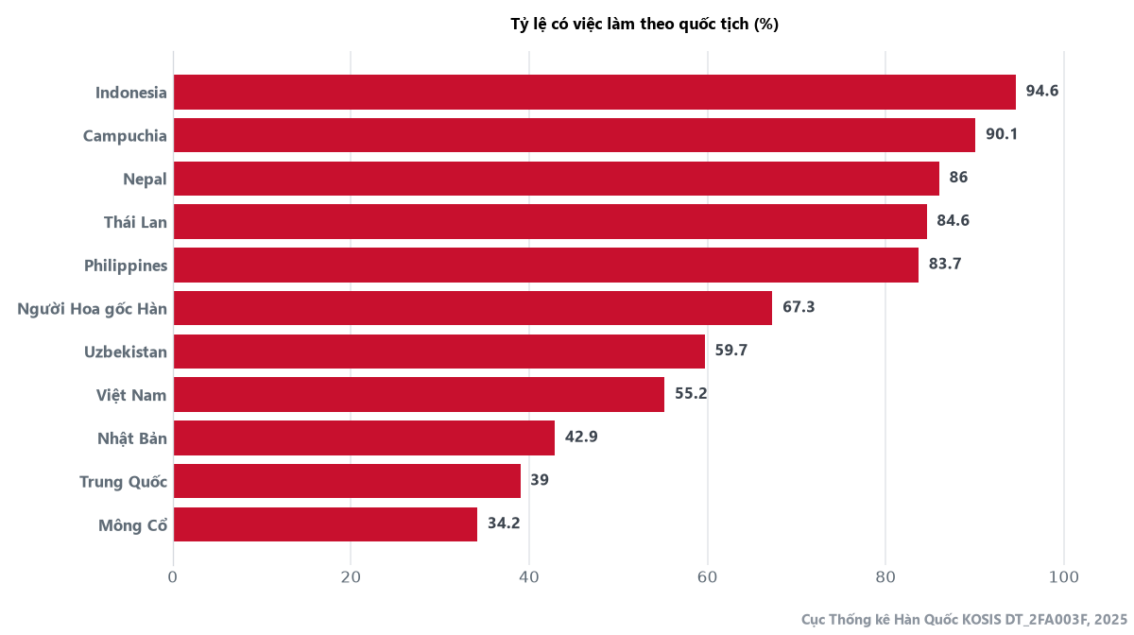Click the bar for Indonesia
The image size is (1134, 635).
click(594, 93)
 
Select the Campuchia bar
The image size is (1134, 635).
click(575, 135)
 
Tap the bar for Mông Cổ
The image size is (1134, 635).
click(325, 524)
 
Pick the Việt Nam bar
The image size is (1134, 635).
click(419, 394)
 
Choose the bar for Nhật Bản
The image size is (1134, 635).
click(364, 438)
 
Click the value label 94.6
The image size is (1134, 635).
click(1041, 91)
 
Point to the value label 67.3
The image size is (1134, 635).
click(799, 307)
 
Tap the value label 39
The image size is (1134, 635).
click(540, 479)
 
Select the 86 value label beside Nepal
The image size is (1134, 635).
click(958, 178)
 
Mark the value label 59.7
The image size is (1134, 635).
click(731, 350)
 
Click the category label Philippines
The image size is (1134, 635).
click(126, 266)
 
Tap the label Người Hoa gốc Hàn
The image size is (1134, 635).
click(93, 309)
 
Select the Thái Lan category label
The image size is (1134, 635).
click(135, 222)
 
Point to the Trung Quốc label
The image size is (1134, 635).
click(123, 482)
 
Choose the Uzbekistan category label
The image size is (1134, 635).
click(126, 352)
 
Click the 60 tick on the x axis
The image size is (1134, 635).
click(707, 577)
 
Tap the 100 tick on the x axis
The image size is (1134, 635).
click(1064, 577)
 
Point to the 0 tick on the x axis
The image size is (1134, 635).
click(173, 577)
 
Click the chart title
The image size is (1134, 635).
click(644, 24)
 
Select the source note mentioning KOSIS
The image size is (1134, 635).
click(964, 619)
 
